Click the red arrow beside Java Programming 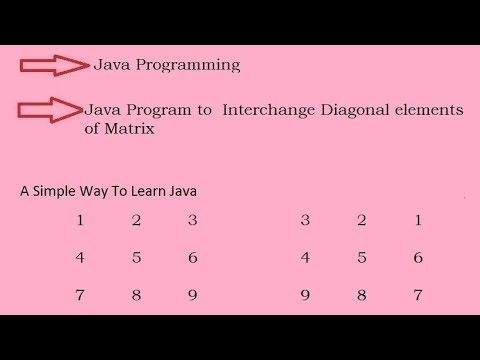pyautogui.click(x=54, y=66)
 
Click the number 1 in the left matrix pyautogui.click(x=79, y=220)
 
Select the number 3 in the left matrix pyautogui.click(x=193, y=220)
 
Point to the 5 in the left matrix pyautogui.click(x=136, y=257)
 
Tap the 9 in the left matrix pyautogui.click(x=193, y=295)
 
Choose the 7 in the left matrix pyautogui.click(x=79, y=295)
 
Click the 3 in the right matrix pyautogui.click(x=305, y=220)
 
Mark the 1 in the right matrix pyautogui.click(x=418, y=220)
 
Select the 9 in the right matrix pyautogui.click(x=305, y=295)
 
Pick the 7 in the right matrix pyautogui.click(x=418, y=295)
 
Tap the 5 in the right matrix pyautogui.click(x=361, y=257)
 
